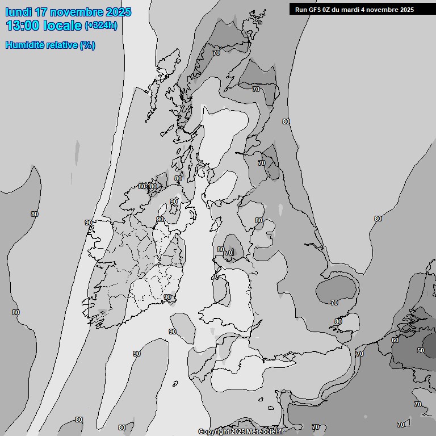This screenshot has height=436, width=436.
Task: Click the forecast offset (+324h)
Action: click(x=101, y=26)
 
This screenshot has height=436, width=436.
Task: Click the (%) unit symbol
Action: click(x=87, y=45)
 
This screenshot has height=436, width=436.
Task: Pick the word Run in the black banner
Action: click(x=301, y=10)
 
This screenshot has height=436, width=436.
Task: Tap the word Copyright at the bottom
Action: click(x=213, y=432)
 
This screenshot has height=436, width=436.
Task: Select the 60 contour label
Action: click(x=395, y=340)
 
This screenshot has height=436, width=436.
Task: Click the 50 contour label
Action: click(x=420, y=350)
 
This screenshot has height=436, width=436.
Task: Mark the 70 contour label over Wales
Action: click(x=228, y=253)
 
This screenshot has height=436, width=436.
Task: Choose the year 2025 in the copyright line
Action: click(x=237, y=432)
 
